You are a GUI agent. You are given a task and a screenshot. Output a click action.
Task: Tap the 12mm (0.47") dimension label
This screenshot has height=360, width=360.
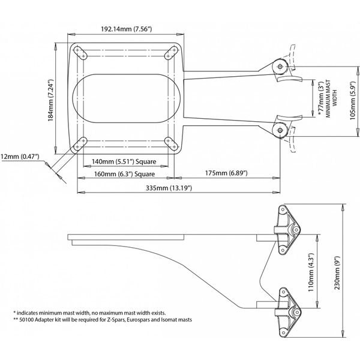[x=21, y=157]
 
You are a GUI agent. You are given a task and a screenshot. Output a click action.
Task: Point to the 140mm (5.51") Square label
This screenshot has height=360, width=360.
[x=122, y=162]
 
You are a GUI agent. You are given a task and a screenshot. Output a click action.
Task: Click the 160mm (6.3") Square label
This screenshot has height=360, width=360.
[x=125, y=174]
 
